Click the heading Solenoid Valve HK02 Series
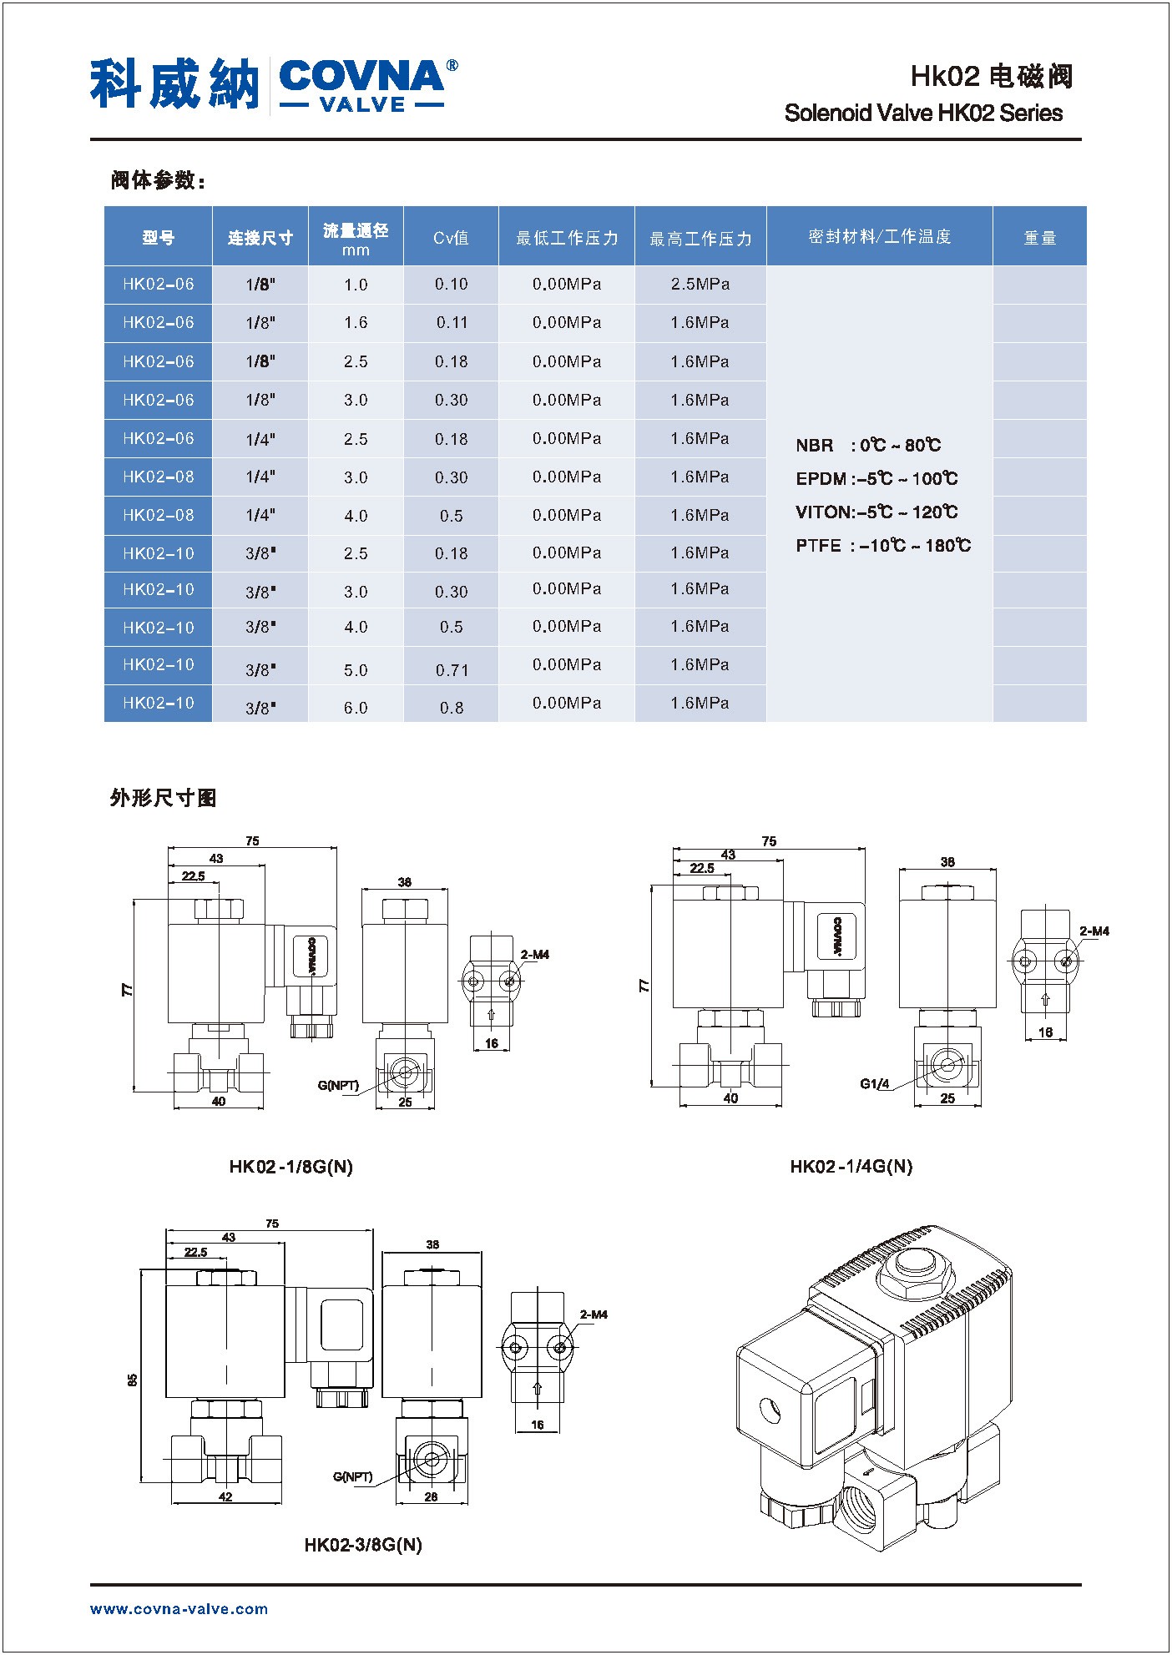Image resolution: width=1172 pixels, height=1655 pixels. click(x=923, y=114)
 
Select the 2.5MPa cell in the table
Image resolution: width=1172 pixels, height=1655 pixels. click(x=700, y=285)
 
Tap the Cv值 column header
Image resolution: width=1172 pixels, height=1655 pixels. click(x=451, y=238)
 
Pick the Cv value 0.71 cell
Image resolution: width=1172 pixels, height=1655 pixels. click(x=451, y=670)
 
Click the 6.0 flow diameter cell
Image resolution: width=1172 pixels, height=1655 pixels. click(x=356, y=708)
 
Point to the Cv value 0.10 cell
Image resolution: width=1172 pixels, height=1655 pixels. click(x=451, y=285)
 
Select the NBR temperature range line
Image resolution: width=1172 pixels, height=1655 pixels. click(x=868, y=446)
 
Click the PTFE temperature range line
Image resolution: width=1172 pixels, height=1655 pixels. click(x=883, y=546)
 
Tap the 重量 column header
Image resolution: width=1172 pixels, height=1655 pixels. click(x=1039, y=238)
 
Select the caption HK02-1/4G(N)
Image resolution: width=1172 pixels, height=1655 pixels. click(x=851, y=1166)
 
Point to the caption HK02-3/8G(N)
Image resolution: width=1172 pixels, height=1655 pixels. click(x=363, y=1545)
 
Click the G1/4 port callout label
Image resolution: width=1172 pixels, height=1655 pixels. click(x=875, y=1084)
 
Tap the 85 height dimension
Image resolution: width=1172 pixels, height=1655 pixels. click(x=133, y=1380)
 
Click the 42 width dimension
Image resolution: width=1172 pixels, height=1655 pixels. click(x=225, y=1496)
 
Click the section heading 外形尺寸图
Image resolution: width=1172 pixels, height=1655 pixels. click(x=163, y=798)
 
